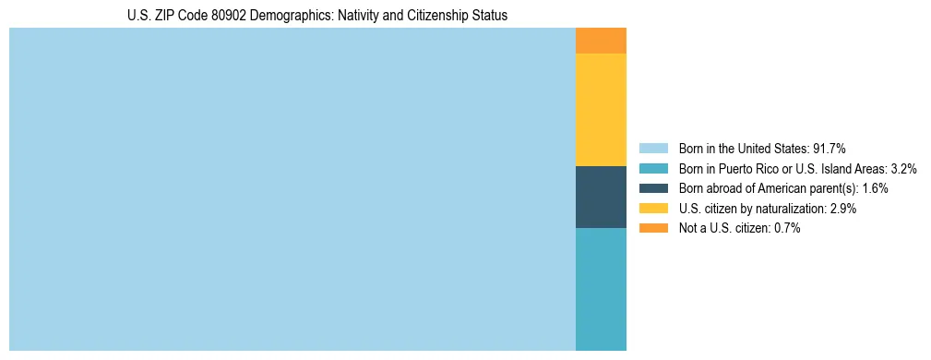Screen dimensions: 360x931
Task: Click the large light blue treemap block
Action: (x=292, y=189)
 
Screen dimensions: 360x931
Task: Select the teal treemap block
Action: (x=601, y=289)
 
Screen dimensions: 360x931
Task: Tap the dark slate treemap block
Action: (x=601, y=197)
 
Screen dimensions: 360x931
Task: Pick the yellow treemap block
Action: (x=601, y=110)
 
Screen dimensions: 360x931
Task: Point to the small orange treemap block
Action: (x=601, y=41)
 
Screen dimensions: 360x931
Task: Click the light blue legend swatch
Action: (x=653, y=149)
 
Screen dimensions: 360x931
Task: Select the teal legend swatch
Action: (x=653, y=169)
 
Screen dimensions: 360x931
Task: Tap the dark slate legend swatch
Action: (x=653, y=188)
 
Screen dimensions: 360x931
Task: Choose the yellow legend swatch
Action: (x=653, y=209)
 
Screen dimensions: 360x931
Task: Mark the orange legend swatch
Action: (x=653, y=228)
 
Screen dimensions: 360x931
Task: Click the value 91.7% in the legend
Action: (x=830, y=149)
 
